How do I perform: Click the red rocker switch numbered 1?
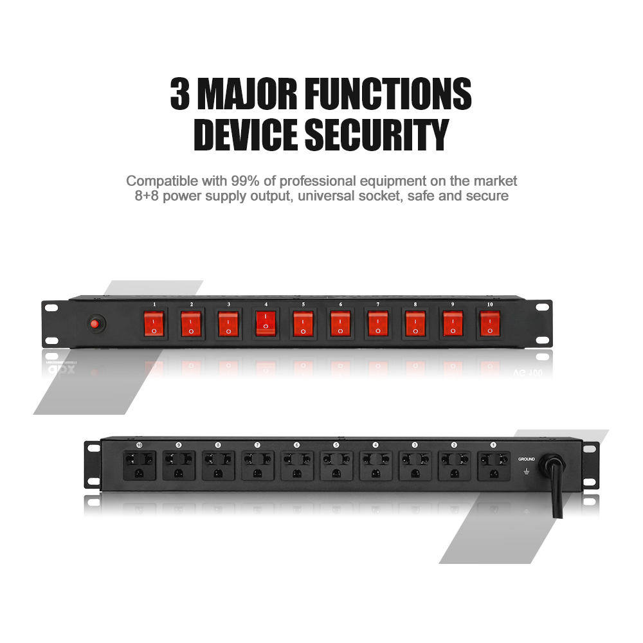[154, 323]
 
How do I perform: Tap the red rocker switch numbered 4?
[266, 323]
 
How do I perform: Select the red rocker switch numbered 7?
[377, 323]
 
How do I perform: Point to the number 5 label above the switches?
[303, 303]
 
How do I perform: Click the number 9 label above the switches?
[452, 303]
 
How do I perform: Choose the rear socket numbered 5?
[336, 464]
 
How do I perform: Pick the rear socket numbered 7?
[257, 464]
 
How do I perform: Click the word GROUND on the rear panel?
[527, 459]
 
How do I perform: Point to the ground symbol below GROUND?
[527, 472]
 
